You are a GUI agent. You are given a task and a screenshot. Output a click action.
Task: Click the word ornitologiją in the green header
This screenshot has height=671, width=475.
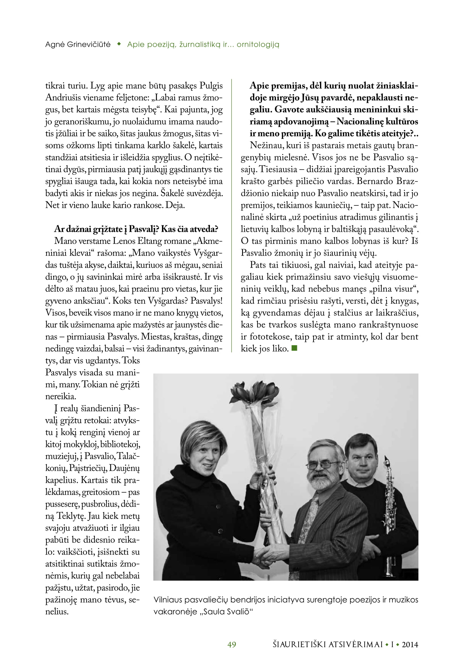point(258,44)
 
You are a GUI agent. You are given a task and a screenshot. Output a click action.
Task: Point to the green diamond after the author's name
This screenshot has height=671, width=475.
point(119,44)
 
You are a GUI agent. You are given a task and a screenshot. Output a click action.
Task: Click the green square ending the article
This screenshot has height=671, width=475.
point(294,348)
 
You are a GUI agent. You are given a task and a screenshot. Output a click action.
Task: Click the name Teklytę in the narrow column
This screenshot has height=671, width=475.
point(70,516)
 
